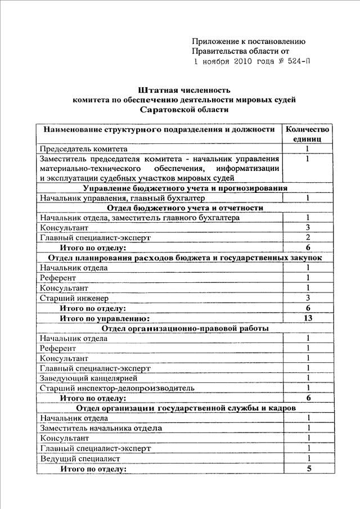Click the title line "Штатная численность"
tap(184, 90)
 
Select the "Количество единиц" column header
tap(307, 133)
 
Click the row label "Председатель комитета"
tap(83, 149)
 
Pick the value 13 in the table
tap(308, 318)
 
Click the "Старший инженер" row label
tap(74, 298)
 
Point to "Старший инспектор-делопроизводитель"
tap(117, 388)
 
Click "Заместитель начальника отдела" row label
tap(101, 429)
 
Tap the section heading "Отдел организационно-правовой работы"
tap(185, 328)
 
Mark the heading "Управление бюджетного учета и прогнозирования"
tap(185, 188)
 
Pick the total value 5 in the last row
tap(308, 469)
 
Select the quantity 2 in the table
tap(308, 237)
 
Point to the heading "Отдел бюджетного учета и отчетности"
tap(185, 208)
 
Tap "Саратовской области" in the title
tap(184, 110)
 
